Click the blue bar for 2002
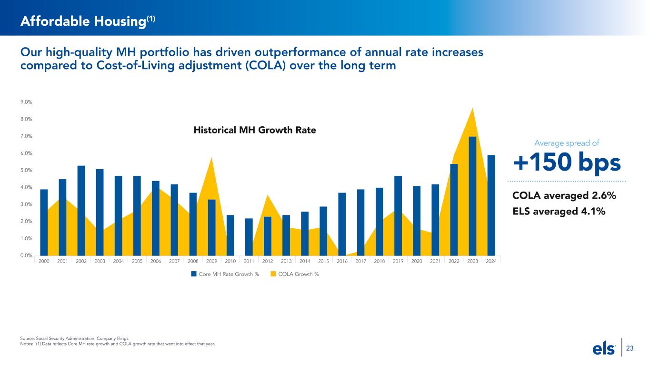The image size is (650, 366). [81, 210]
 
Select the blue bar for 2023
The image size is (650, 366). [472, 196]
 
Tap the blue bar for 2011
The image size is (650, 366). [249, 237]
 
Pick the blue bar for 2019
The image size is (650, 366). [398, 215]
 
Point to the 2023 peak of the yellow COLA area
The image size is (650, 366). [472, 109]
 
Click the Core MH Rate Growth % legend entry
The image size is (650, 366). [225, 274]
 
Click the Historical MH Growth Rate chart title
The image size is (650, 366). [255, 129]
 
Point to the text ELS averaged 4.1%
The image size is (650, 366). [559, 211]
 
